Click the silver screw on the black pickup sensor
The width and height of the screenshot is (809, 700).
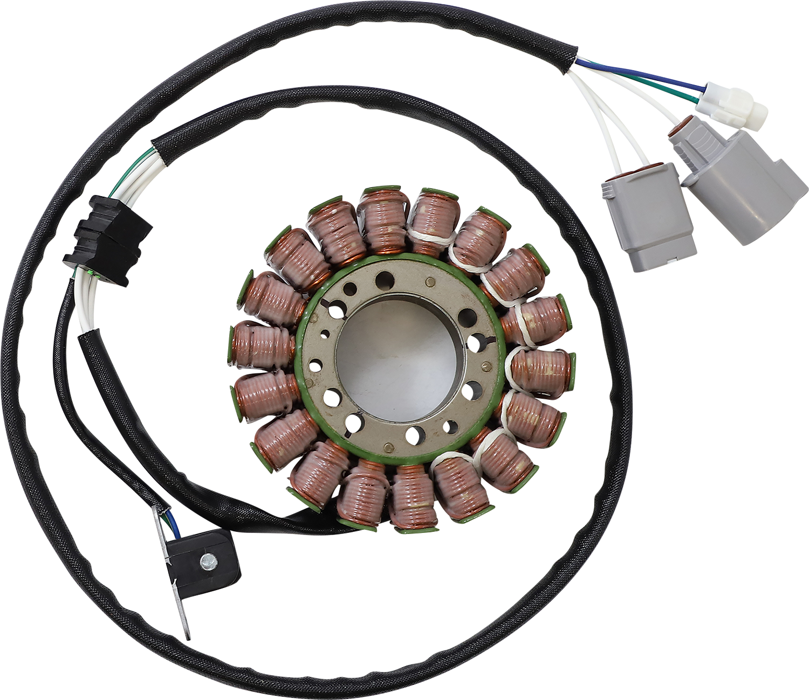[208, 563]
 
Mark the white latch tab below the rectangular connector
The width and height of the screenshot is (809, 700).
[671, 260]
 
